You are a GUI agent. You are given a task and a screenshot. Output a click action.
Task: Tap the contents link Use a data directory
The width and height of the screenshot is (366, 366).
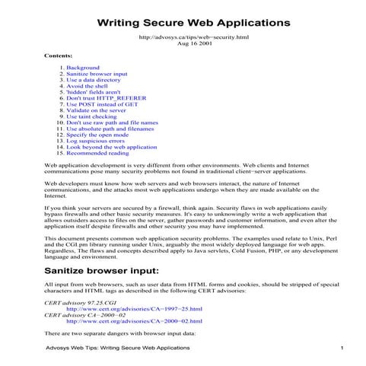(94, 80)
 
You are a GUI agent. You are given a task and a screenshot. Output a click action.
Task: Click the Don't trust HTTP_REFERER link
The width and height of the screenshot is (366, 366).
(107, 98)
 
